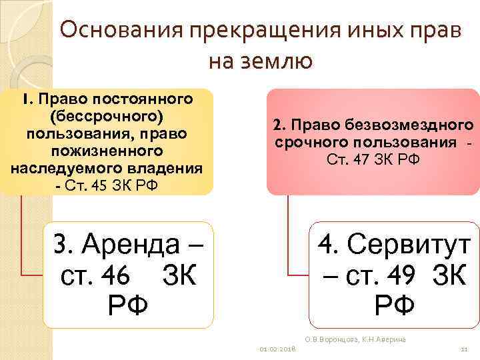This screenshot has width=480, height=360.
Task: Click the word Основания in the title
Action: point(120,31)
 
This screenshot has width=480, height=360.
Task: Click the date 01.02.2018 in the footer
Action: point(277,349)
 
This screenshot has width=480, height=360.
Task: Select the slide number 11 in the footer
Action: point(463,349)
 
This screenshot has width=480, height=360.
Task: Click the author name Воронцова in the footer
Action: point(337,340)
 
